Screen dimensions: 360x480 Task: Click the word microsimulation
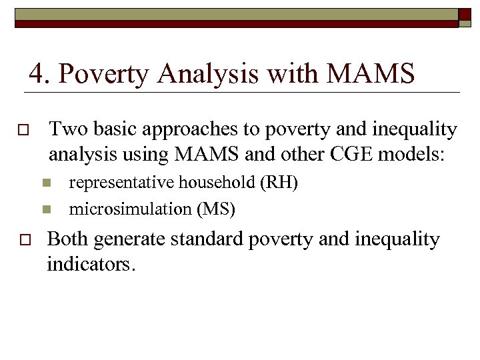[x=131, y=209]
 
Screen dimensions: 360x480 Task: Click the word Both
[x=68, y=239]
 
